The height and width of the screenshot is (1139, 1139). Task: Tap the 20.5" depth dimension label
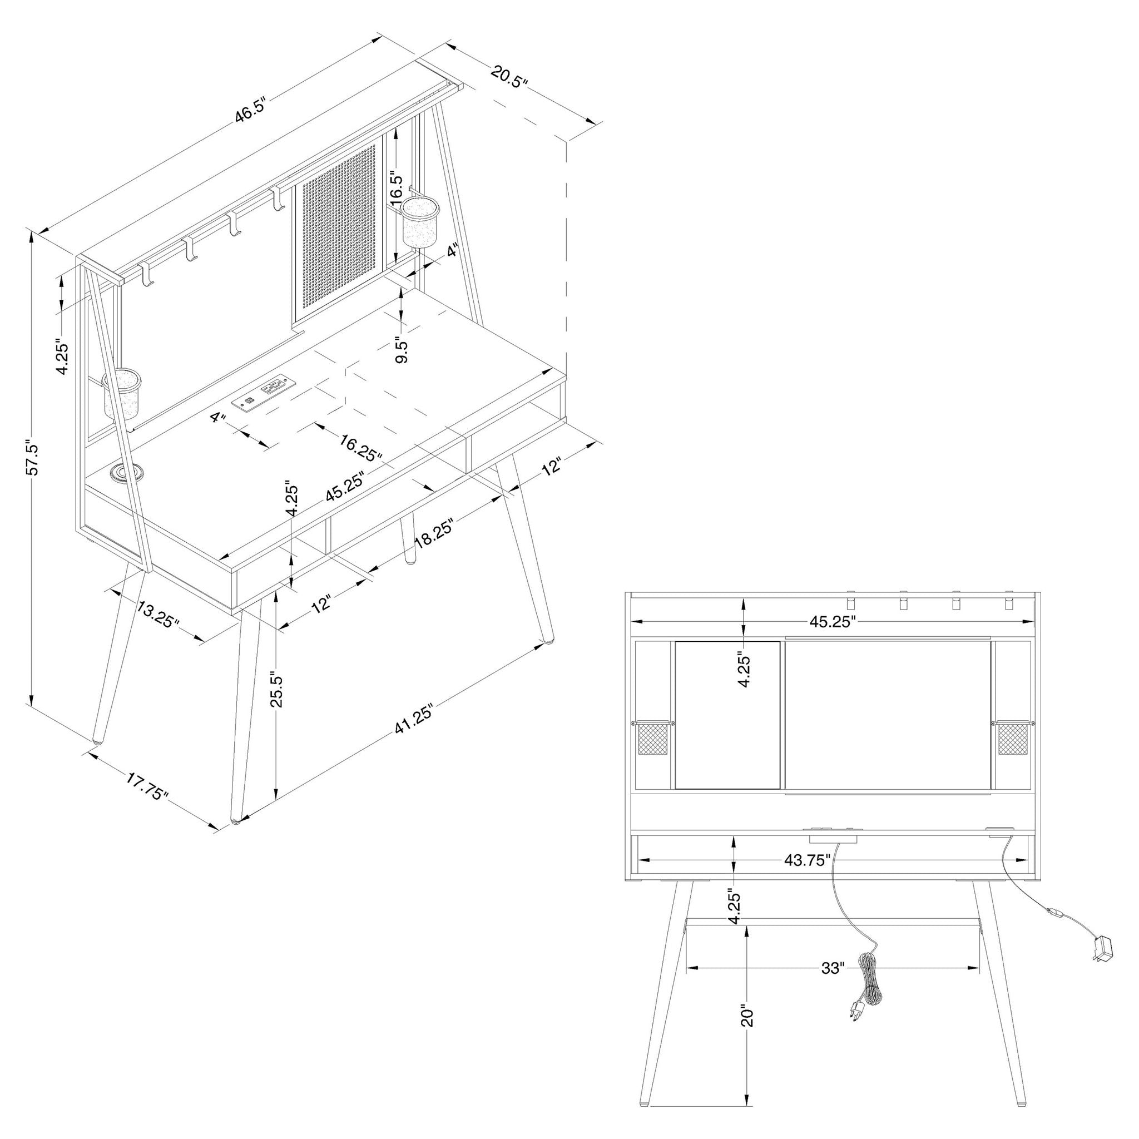pos(508,77)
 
